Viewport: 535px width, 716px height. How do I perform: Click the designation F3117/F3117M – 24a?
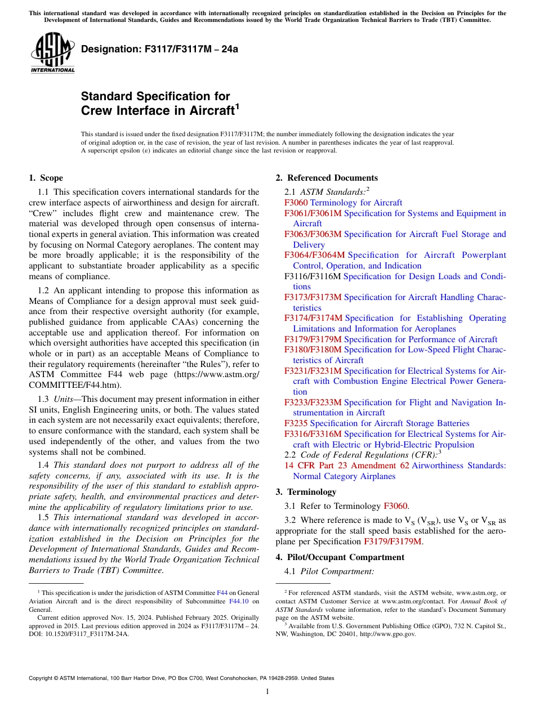tap(159, 49)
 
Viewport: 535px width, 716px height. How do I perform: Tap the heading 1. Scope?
tap(46, 178)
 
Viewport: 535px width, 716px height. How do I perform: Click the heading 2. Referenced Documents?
tap(326, 178)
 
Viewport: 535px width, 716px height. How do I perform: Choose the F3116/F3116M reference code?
tap(313, 276)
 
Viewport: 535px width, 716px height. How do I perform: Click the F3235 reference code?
tap(296, 423)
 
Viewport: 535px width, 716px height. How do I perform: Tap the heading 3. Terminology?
tap(306, 492)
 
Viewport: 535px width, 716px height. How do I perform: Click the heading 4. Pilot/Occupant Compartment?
tap(340, 557)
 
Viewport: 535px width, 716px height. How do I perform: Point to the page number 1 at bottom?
tap(267, 692)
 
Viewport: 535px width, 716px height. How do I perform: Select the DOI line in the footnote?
tap(79, 633)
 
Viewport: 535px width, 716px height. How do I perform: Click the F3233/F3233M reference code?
tap(313, 402)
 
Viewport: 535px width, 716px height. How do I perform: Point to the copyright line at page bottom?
tap(181, 678)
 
